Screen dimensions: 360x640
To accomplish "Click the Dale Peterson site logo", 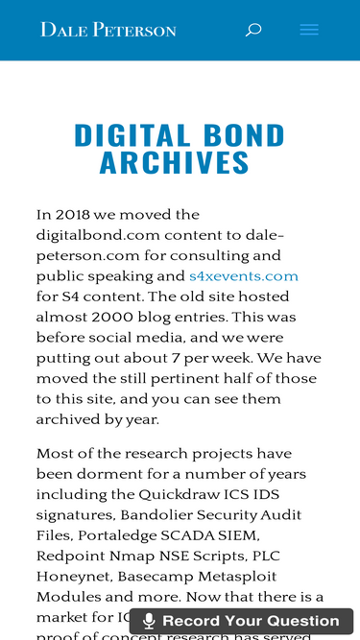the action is (108, 30).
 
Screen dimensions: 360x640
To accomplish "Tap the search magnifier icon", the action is (253, 30).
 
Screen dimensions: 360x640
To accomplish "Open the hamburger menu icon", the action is (309, 30).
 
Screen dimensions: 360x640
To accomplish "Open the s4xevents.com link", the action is (243, 276).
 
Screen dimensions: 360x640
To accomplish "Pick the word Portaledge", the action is (118, 534).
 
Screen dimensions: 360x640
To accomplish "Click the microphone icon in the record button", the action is (149, 622).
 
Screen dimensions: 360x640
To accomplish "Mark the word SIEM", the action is (239, 534).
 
